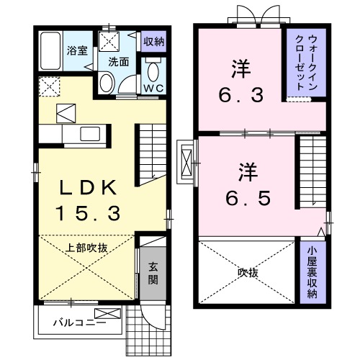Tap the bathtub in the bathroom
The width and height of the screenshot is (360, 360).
[x=50, y=50]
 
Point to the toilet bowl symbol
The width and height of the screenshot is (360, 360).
[x=153, y=71]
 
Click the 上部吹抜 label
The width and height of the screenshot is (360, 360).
[x=87, y=248]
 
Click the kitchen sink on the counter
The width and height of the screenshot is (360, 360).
[x=91, y=133]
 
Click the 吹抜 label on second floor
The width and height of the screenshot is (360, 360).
[x=248, y=273]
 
